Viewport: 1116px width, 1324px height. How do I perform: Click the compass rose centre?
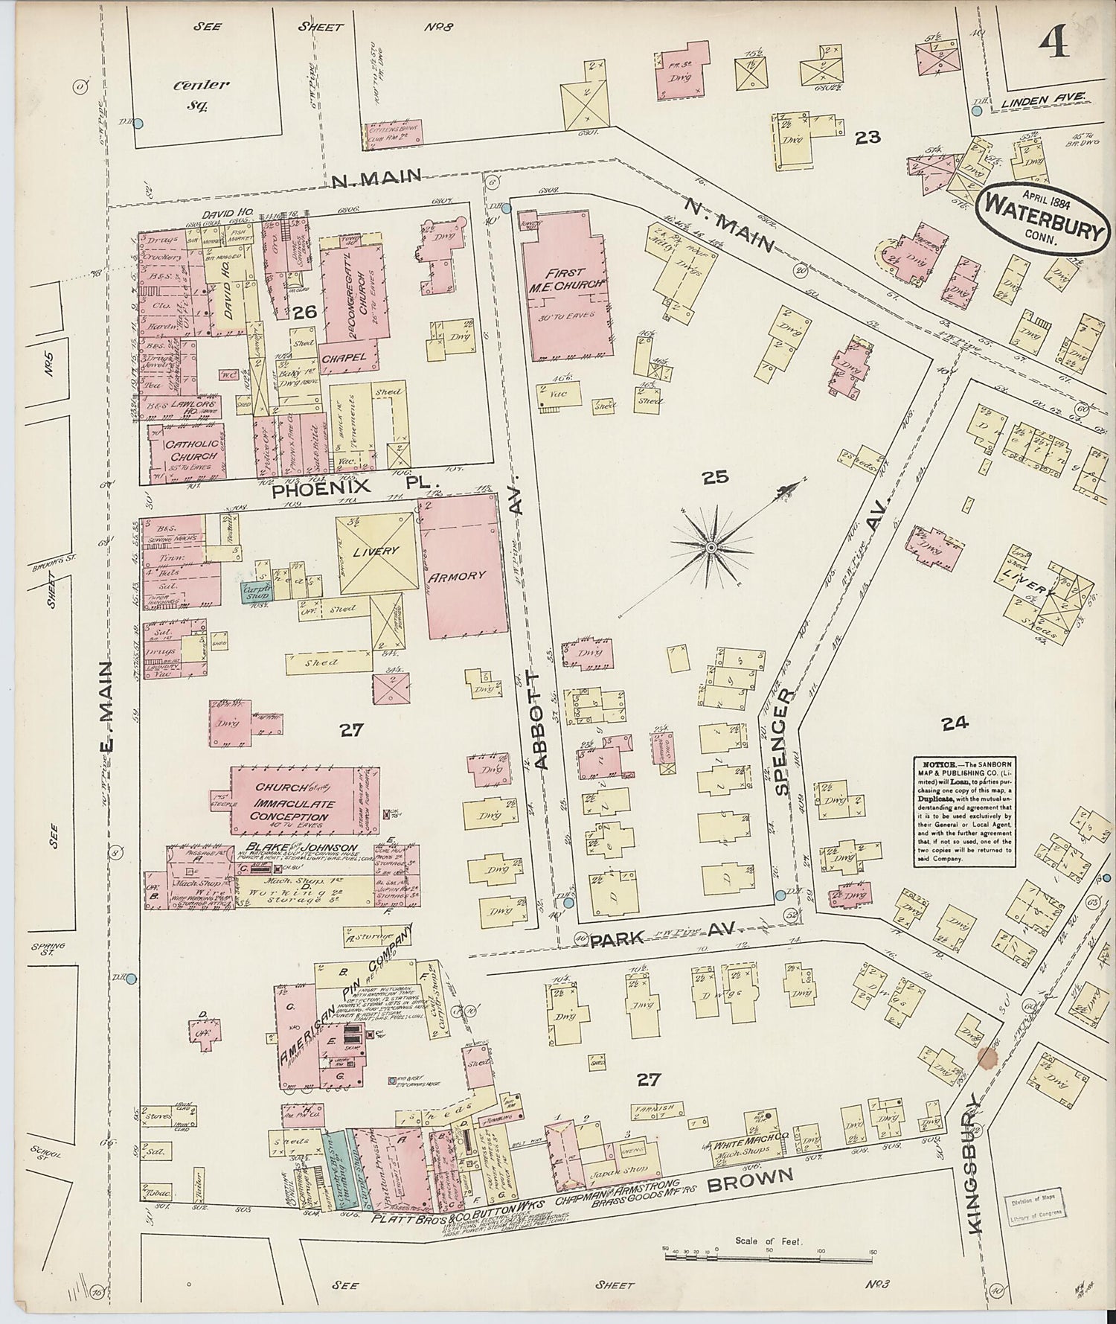click(x=711, y=548)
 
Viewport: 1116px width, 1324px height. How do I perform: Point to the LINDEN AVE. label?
click(x=1046, y=97)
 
